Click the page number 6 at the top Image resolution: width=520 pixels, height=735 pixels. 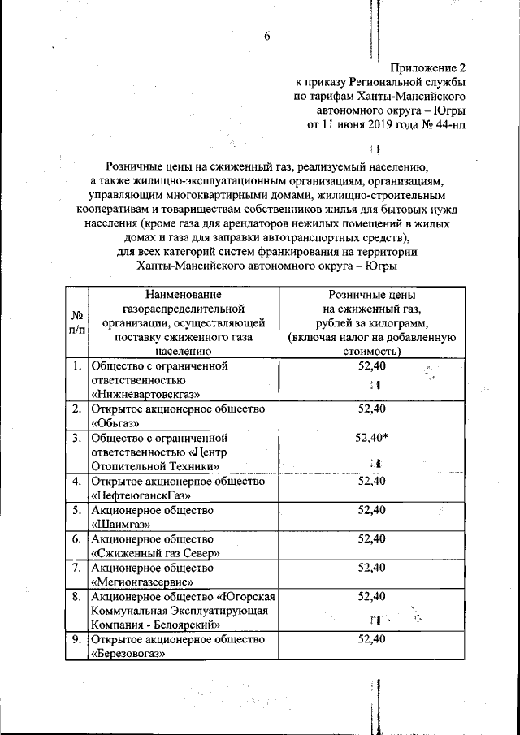[x=266, y=37]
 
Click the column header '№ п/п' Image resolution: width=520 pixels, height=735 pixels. [x=78, y=322]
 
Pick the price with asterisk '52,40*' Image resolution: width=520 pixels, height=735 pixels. [x=372, y=437]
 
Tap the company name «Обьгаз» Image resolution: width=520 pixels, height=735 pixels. [x=118, y=423]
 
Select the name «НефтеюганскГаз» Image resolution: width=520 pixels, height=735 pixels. [x=141, y=495]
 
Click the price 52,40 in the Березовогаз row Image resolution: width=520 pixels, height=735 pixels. [x=370, y=640]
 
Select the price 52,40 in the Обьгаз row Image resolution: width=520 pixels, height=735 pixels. [x=370, y=409]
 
